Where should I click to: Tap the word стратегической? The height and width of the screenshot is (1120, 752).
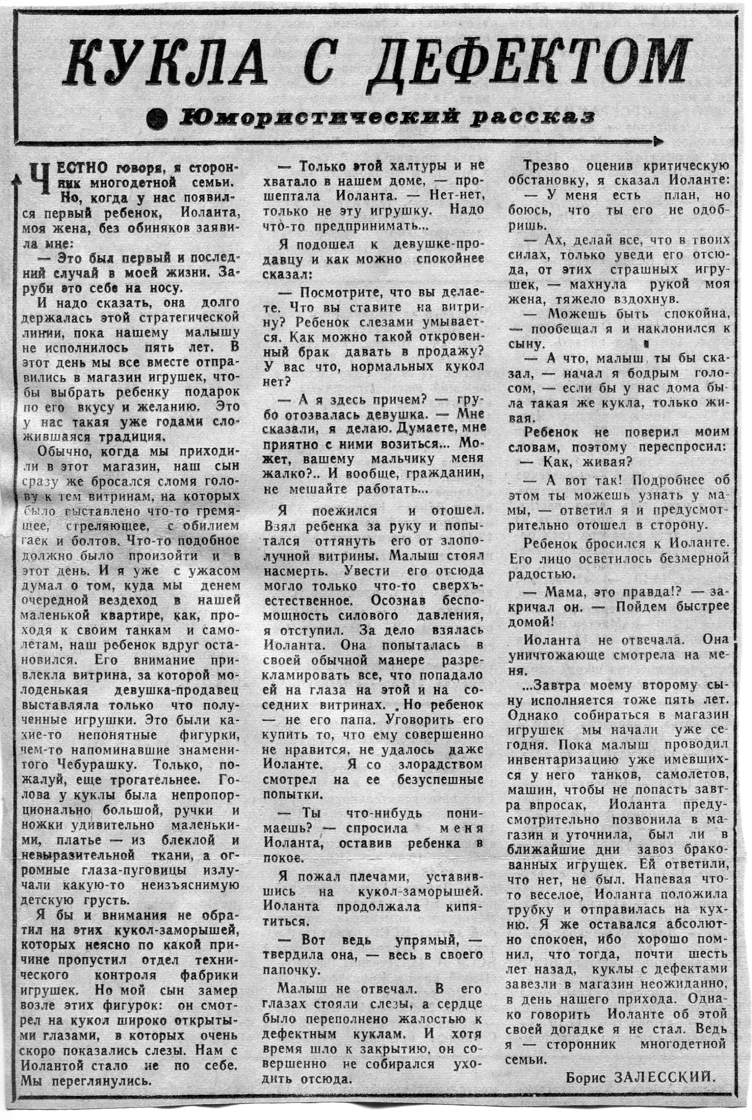pos(189,317)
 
